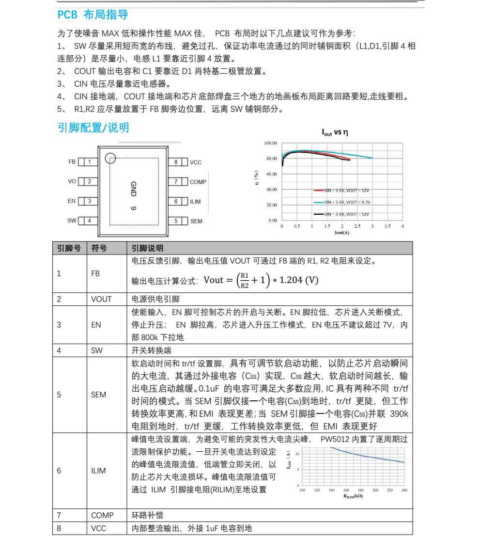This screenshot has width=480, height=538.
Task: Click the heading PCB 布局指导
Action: [93, 15]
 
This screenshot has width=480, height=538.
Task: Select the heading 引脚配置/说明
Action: [93, 128]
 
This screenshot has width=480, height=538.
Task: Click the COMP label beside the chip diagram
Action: [198, 182]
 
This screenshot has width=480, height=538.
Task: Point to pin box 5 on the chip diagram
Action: [177, 221]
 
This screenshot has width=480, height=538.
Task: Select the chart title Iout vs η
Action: [335, 132]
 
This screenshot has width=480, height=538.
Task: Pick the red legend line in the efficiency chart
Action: [318, 190]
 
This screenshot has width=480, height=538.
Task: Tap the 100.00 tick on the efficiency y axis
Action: [270, 143]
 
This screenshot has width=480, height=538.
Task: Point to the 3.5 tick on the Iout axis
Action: [387, 226]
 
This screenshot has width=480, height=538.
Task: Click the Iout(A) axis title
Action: [341, 233]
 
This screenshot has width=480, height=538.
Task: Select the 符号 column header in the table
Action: [99, 248]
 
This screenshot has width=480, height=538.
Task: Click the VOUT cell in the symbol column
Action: [101, 299]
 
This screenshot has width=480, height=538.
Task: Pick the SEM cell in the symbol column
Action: [98, 395]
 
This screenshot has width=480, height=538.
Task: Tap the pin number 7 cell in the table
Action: [59, 515]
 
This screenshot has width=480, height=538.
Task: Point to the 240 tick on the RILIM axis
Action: [404, 491]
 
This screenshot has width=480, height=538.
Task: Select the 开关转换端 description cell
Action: [151, 350]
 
